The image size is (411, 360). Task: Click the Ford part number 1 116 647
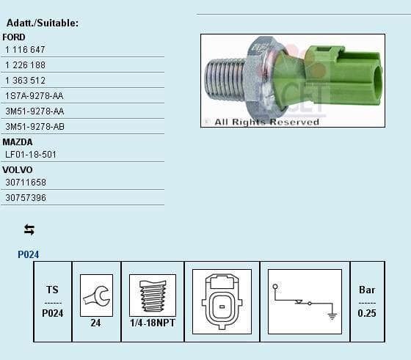pyautogui.click(x=25, y=50)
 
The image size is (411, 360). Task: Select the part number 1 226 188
pyautogui.click(x=25, y=65)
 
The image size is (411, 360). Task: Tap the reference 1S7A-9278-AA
pyautogui.click(x=34, y=96)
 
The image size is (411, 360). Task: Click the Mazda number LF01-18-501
pyautogui.click(x=30, y=155)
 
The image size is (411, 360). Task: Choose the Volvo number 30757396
pyautogui.click(x=26, y=198)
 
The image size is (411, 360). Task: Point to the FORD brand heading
pyautogui.click(x=14, y=37)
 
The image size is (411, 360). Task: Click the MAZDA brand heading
pyautogui.click(x=18, y=142)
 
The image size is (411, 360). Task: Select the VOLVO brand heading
pyautogui.click(x=18, y=170)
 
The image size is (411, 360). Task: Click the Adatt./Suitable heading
pyautogui.click(x=43, y=23)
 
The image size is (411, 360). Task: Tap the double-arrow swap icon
pyautogui.click(x=29, y=229)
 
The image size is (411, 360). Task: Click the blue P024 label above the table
pyautogui.click(x=29, y=255)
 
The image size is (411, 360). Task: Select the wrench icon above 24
pyautogui.click(x=96, y=294)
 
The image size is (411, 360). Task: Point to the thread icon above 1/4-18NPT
pyautogui.click(x=152, y=295)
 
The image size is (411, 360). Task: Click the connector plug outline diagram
pyautogui.click(x=222, y=301)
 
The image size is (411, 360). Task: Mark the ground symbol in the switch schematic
pyautogui.click(x=332, y=315)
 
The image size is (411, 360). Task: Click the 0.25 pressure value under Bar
pyautogui.click(x=367, y=314)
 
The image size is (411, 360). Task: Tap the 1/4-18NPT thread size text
pyautogui.click(x=152, y=323)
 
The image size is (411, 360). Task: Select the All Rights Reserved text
pyautogui.click(x=266, y=122)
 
